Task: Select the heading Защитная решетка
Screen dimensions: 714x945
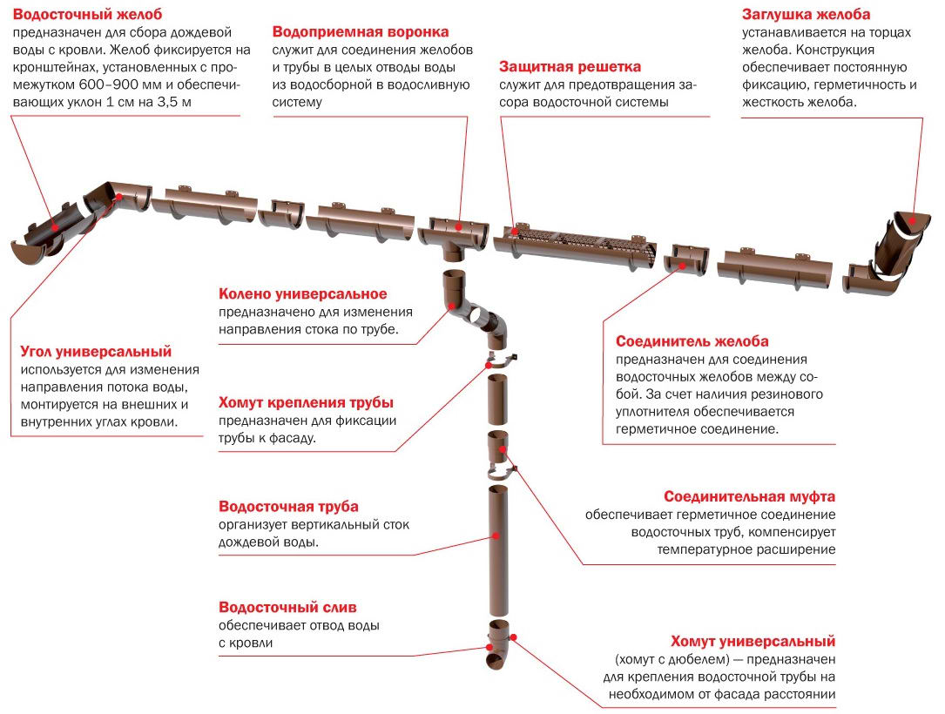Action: click(x=570, y=67)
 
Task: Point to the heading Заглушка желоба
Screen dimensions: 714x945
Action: click(x=806, y=15)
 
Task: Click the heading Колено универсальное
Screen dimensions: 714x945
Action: click(x=303, y=294)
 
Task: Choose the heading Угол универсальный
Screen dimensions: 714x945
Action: click(x=96, y=352)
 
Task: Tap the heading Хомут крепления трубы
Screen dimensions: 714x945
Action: click(x=306, y=403)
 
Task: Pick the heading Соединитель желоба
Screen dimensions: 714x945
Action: click(x=692, y=341)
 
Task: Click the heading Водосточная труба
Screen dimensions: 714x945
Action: click(x=288, y=506)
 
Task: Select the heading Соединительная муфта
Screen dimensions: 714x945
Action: click(x=749, y=496)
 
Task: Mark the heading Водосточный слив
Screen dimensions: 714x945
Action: click(x=287, y=607)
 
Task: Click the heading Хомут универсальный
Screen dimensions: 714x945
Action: click(x=754, y=642)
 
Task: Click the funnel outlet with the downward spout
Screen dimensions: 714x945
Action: click(x=454, y=239)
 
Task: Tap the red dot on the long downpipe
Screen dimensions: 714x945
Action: click(x=496, y=535)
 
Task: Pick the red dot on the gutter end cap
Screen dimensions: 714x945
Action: click(x=914, y=217)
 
